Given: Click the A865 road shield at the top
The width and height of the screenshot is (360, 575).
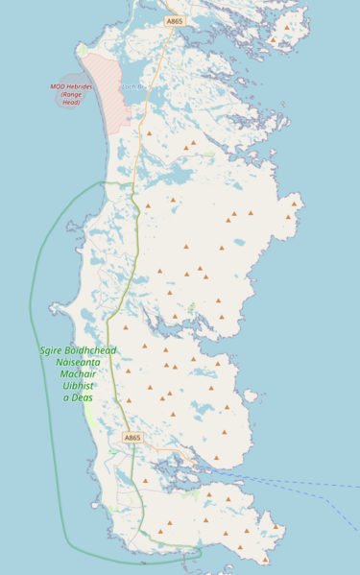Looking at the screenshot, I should pyautogui.click(x=174, y=20).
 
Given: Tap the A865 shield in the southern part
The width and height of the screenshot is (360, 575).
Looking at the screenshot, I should pyautogui.click(x=132, y=438).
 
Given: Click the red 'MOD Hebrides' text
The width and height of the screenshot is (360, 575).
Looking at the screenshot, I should pyautogui.click(x=71, y=86).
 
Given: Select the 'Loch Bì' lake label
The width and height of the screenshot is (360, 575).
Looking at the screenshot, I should pyautogui.click(x=132, y=86).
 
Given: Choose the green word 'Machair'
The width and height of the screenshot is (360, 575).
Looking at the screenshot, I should pyautogui.click(x=78, y=374).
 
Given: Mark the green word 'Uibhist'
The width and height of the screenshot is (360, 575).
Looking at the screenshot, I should pyautogui.click(x=78, y=386).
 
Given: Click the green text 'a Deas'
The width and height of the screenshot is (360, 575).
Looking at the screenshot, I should pyautogui.click(x=78, y=397).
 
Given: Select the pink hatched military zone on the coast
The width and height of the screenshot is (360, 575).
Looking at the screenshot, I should pyautogui.click(x=104, y=91).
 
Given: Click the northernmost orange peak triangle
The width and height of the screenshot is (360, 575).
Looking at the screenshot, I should pyautogui.click(x=286, y=27).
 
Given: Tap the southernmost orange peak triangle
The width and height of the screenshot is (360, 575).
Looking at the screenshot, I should pyautogui.click(x=266, y=559).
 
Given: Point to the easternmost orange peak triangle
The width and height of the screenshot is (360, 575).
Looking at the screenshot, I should pyautogui.click(x=295, y=203).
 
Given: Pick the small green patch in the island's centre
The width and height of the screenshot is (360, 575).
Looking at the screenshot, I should pyautogui.click(x=191, y=309).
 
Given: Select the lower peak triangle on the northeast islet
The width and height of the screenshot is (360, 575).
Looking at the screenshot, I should pyautogui.click(x=273, y=40).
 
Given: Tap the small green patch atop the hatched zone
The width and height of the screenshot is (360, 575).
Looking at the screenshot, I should pyautogui.click(x=83, y=49).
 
